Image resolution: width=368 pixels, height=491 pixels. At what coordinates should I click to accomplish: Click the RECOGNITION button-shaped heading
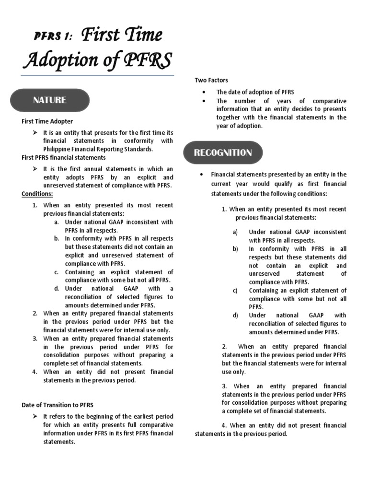coord(223,153)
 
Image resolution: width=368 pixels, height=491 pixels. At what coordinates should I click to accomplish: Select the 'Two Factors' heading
coord(211,80)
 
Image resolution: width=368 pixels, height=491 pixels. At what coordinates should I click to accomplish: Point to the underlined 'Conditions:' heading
coord(37,194)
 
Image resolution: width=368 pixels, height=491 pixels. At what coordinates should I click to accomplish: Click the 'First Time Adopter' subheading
coord(47,121)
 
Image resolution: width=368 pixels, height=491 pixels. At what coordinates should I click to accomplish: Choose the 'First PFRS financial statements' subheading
coord(64,157)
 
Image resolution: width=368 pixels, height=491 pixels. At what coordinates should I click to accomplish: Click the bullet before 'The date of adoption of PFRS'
coord(205,92)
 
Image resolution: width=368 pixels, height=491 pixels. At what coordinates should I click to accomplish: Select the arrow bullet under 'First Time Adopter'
coord(35,132)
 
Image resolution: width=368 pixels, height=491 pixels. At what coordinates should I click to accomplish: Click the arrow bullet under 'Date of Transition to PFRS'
coord(35,416)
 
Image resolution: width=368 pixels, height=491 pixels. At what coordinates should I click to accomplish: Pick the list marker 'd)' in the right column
coord(235,316)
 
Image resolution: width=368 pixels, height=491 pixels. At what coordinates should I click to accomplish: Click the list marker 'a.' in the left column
coord(57,222)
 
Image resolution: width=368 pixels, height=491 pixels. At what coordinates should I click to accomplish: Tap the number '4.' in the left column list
coord(34,372)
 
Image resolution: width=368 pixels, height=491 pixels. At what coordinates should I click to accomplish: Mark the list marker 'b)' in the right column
coord(235,249)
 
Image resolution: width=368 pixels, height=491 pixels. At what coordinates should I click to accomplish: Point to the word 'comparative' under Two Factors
coord(329,101)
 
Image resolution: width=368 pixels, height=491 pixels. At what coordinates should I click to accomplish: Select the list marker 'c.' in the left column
coord(57,272)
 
